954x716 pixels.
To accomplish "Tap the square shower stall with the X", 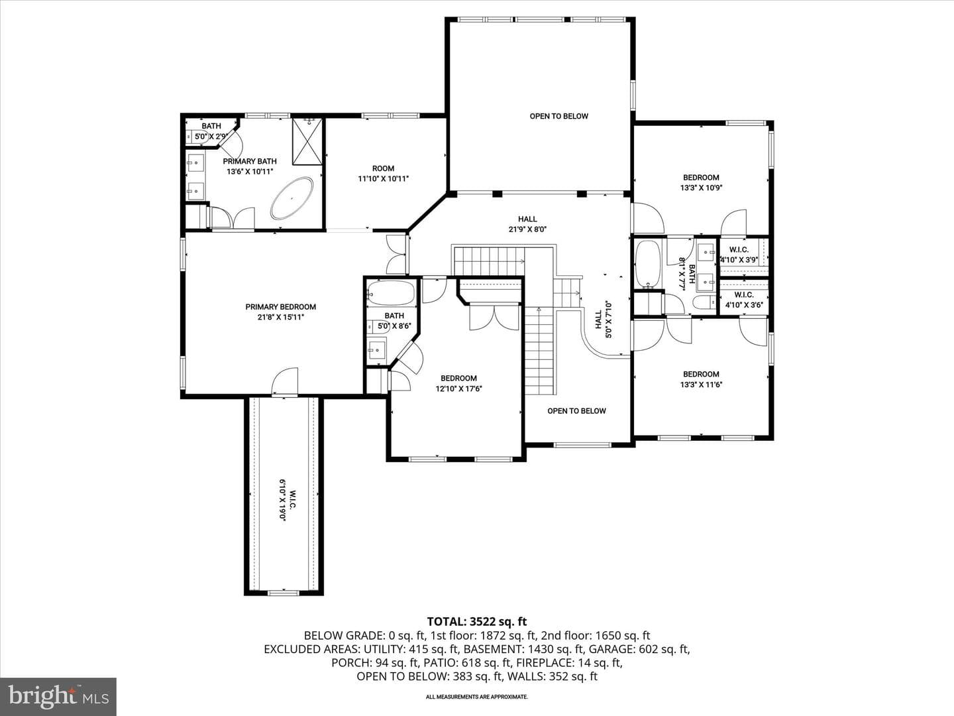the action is pyautogui.click(x=307, y=142).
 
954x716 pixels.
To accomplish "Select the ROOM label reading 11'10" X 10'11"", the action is pyautogui.click(x=384, y=174).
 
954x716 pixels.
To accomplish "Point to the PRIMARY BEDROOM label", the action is pyautogui.click(x=281, y=307).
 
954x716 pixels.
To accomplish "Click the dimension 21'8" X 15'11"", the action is pyautogui.click(x=281, y=318).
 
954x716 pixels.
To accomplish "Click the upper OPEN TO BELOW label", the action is pyautogui.click(x=559, y=116).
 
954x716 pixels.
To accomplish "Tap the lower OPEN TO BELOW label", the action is pyautogui.click(x=577, y=411).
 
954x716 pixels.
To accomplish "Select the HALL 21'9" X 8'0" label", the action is pyautogui.click(x=527, y=224).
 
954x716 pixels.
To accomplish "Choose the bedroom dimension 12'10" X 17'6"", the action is pyautogui.click(x=459, y=388).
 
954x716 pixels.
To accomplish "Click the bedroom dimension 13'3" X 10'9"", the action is pyautogui.click(x=701, y=188).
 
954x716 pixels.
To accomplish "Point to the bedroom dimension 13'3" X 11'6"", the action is pyautogui.click(x=701, y=385).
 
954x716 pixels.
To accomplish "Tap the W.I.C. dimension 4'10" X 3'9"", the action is pyautogui.click(x=739, y=260).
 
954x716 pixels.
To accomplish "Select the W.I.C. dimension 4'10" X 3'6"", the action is pyautogui.click(x=744, y=305).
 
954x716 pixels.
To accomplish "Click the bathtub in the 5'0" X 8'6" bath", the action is pyautogui.click(x=391, y=292).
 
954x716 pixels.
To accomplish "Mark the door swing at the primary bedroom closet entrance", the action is pyautogui.click(x=285, y=381).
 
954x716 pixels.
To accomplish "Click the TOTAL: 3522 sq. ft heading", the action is pyautogui.click(x=477, y=621).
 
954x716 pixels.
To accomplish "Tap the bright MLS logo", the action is pyautogui.click(x=58, y=696).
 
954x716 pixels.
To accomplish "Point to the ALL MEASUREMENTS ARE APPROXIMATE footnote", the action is pyautogui.click(x=477, y=697).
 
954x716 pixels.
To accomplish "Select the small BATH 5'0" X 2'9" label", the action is pyautogui.click(x=211, y=131).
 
